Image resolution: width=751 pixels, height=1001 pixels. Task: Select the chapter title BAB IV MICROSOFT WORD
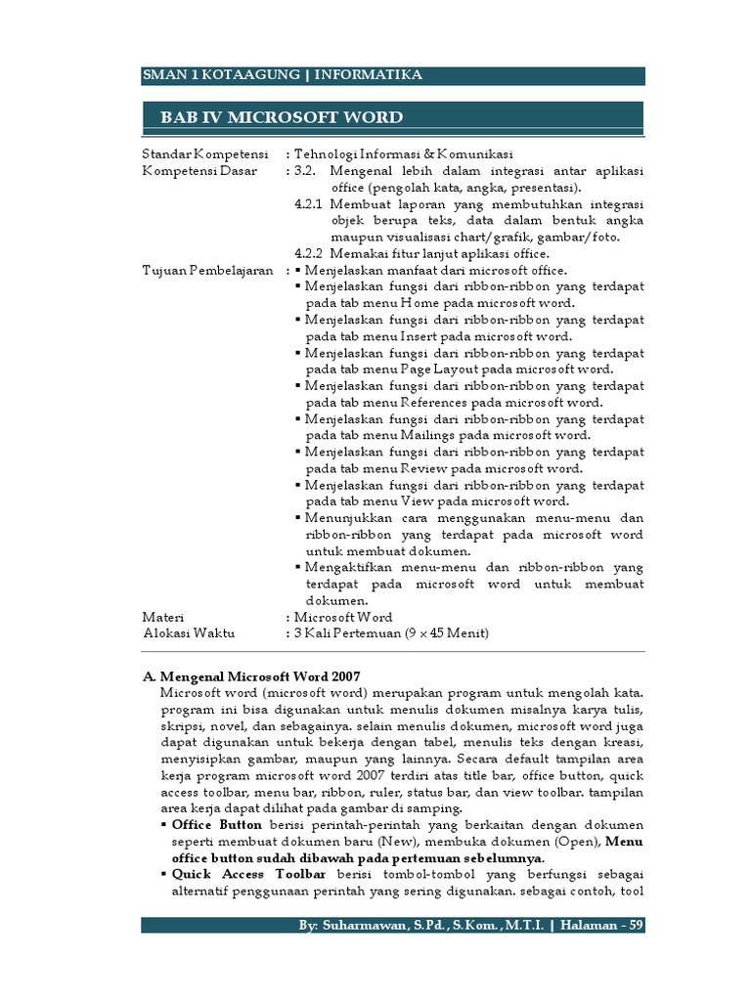click(282, 118)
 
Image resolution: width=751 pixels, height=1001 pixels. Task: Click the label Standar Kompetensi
click(204, 154)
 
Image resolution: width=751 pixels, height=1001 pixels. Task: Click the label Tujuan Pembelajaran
click(207, 270)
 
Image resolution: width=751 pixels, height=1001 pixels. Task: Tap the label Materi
click(163, 617)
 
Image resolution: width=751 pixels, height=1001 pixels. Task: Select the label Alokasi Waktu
click(189, 633)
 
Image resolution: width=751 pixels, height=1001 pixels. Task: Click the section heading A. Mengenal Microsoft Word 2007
click(251, 675)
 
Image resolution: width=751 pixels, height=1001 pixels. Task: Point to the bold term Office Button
click(216, 824)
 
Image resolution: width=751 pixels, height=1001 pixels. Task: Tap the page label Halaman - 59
click(603, 926)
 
